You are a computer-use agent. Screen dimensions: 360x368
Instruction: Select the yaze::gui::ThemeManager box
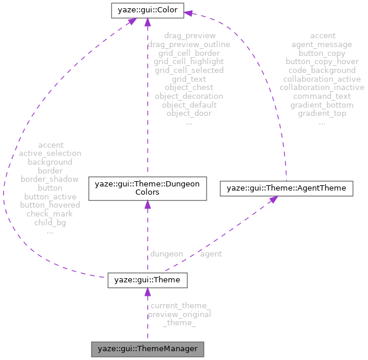[x=147, y=348]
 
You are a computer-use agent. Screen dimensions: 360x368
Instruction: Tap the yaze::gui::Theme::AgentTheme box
[x=286, y=188]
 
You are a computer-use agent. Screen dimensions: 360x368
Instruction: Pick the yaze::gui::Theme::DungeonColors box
[x=147, y=189]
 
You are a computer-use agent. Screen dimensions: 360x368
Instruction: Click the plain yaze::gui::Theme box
[x=147, y=281]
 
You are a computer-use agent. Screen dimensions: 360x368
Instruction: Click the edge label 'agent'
[x=210, y=254]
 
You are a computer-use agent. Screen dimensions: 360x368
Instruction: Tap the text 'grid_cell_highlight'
[x=188, y=61]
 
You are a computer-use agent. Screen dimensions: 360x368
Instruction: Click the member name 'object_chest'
[x=188, y=87]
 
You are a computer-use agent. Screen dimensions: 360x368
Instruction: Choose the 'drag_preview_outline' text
[x=188, y=44]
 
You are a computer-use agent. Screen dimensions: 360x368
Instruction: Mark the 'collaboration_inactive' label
[x=321, y=87]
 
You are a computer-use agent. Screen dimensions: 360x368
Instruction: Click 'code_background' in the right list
[x=321, y=70]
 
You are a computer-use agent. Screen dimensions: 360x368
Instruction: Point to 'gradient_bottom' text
[x=321, y=105]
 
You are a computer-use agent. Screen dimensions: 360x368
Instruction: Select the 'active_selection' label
[x=50, y=153]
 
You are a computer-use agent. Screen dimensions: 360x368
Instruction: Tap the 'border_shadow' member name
[x=50, y=179]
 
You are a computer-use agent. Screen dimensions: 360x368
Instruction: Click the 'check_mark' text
[x=50, y=214]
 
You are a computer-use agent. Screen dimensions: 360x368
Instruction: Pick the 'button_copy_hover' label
[x=321, y=61]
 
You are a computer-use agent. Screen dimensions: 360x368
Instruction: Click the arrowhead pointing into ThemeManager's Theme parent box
[x=147, y=292]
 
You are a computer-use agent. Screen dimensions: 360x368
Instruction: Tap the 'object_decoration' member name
[x=188, y=96]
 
